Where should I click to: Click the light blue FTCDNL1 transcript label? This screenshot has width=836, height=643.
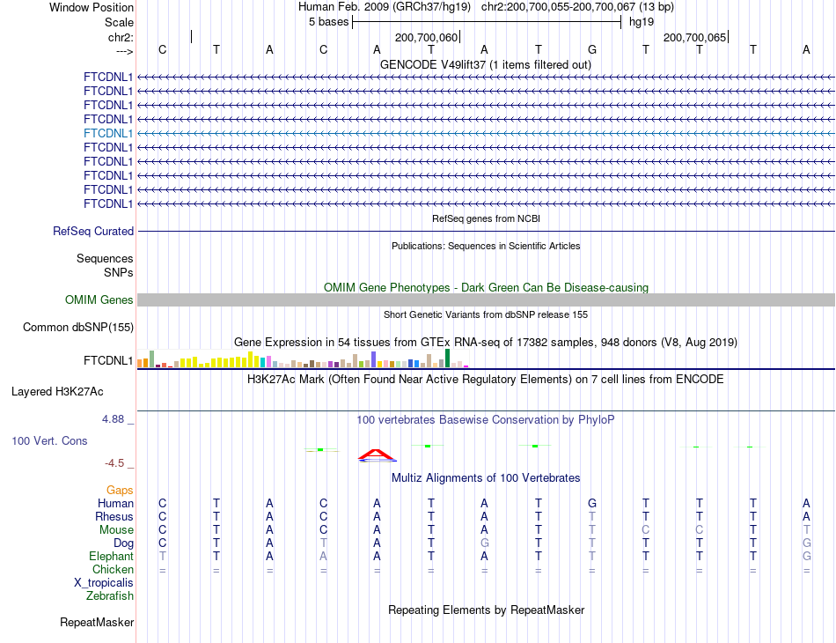(x=108, y=133)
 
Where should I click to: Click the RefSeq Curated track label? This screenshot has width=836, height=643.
(x=93, y=231)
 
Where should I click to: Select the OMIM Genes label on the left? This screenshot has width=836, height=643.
(x=99, y=300)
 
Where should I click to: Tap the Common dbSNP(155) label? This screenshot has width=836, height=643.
(x=78, y=328)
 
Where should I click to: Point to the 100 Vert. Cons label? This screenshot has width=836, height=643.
(x=49, y=440)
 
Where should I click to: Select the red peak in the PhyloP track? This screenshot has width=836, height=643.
(x=377, y=455)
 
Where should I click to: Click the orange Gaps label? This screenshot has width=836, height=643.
(x=120, y=490)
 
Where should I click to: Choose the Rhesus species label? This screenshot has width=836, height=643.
(x=114, y=516)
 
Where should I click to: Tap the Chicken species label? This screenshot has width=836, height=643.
(x=114, y=570)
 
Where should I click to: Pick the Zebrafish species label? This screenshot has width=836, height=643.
(x=110, y=596)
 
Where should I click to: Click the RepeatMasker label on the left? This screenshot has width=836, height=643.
(x=97, y=623)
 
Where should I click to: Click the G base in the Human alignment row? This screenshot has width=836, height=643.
(x=592, y=503)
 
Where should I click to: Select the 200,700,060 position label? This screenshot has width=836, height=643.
(x=427, y=38)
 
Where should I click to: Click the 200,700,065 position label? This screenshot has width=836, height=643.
(x=695, y=38)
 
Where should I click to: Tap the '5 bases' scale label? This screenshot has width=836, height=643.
(x=327, y=22)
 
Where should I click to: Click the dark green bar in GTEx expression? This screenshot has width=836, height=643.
(x=447, y=358)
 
